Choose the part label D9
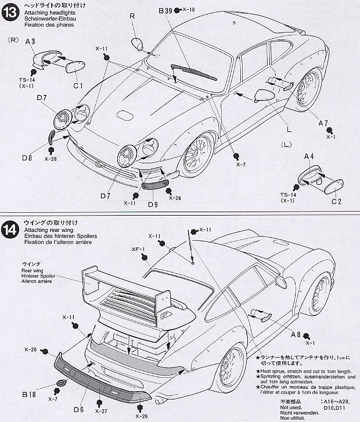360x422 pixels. [153, 204]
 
